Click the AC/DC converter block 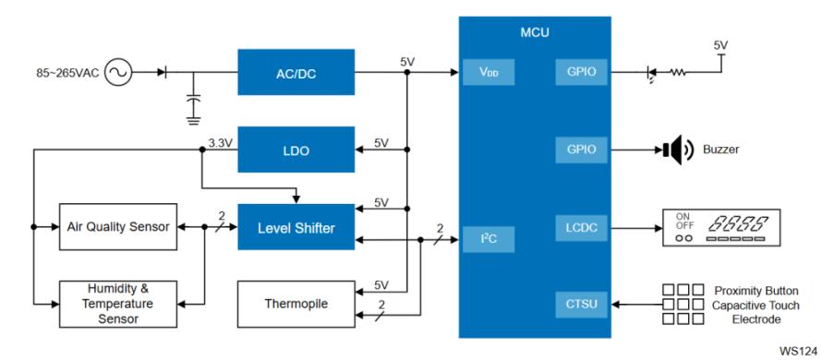[x=296, y=72]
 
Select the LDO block [x=296, y=150]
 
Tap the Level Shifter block [x=296, y=227]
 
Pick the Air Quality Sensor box [x=118, y=227]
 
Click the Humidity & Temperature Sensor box [x=118, y=304]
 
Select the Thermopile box [x=296, y=304]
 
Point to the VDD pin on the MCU [x=489, y=72]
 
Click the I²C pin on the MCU [x=489, y=240]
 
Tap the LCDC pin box [x=581, y=228]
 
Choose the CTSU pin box [x=581, y=305]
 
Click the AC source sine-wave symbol [x=118, y=72]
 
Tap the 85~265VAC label [x=67, y=73]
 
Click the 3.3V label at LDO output [x=220, y=142]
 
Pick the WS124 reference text [x=799, y=350]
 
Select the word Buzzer [x=720, y=150]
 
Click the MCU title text [x=535, y=32]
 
